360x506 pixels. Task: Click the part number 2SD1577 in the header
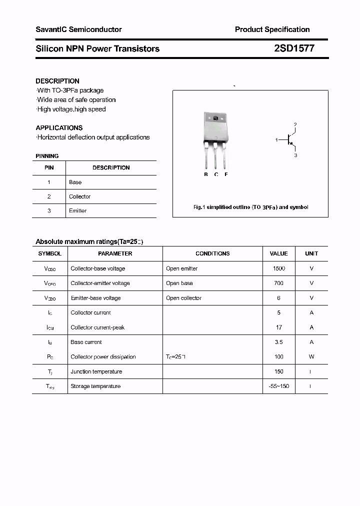coord(294,48)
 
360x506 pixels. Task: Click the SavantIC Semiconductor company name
coord(78,29)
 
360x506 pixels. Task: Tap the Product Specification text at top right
coord(272,29)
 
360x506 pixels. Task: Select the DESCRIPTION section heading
coord(57,81)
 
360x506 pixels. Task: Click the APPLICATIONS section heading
coord(59,128)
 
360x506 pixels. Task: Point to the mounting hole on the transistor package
coord(215,118)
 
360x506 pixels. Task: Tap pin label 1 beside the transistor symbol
coord(276,140)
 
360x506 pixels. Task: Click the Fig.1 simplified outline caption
coord(250,207)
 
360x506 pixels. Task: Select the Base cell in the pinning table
coord(75,182)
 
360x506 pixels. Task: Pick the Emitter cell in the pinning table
coord(77,211)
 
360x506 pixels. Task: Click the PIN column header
coord(49,168)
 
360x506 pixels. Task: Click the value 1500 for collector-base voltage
coord(278,268)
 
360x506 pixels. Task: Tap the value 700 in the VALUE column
coord(278,283)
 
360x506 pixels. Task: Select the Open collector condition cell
coord(183,298)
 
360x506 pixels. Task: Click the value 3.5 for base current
coord(278,342)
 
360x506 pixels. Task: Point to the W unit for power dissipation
coord(311,357)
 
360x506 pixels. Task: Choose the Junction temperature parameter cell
coord(96,371)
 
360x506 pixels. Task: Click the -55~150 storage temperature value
coord(278,386)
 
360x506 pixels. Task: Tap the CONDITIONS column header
coord(212,253)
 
